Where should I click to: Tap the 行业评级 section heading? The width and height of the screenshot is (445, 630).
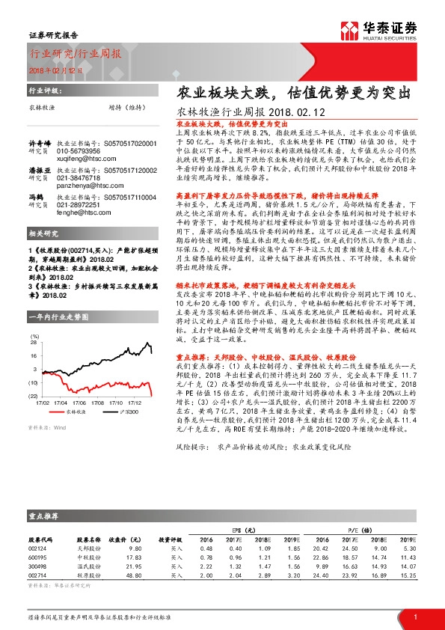43,88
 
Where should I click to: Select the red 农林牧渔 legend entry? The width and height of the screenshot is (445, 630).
73,412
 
